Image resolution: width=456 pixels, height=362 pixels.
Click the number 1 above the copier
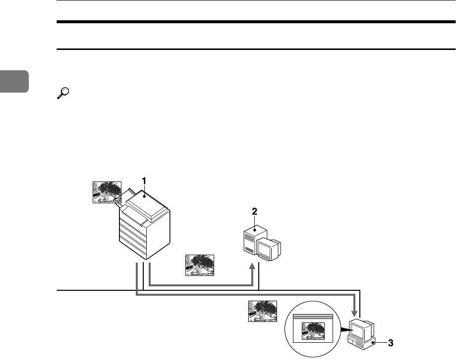point(144,181)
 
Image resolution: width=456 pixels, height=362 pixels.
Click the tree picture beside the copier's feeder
point(107,192)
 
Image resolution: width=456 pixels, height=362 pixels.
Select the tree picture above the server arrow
point(199,265)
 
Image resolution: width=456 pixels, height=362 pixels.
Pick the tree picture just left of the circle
point(262,313)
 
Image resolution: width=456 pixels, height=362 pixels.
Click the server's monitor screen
point(269,250)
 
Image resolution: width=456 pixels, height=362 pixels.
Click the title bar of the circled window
point(313,316)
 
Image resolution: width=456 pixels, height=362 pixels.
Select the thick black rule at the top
point(256,22)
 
